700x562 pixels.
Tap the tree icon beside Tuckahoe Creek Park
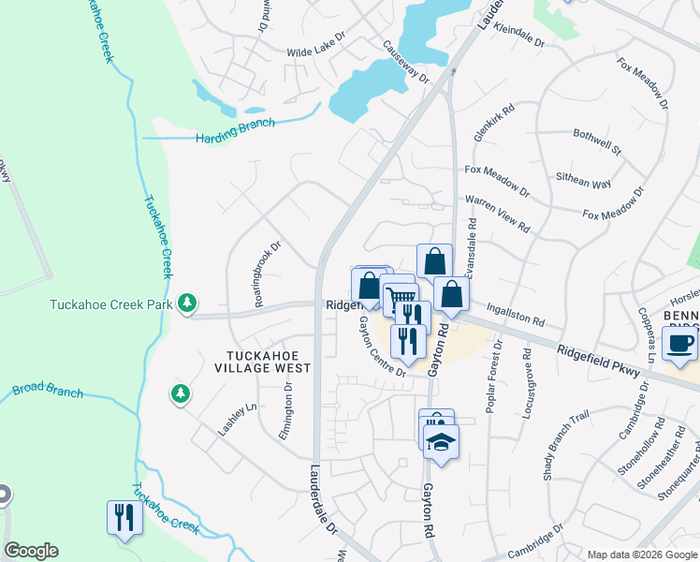pos(189,302)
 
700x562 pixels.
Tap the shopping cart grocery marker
pos(401,299)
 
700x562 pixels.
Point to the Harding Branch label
pos(235,130)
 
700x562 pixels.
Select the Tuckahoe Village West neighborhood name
pos(268,361)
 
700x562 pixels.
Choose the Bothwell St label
pos(597,140)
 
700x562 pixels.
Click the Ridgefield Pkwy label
pos(599,360)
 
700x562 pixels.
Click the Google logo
pos(31,551)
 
